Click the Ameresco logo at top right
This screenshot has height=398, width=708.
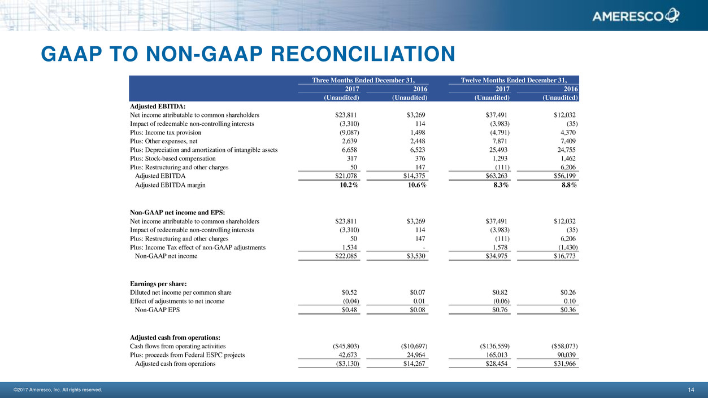636,16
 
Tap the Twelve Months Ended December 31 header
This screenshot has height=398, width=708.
514,80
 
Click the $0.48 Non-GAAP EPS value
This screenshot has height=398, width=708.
350,310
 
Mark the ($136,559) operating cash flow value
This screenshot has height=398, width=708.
491,346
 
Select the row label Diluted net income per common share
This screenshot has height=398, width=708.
180,292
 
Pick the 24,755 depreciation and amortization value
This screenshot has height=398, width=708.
565,150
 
